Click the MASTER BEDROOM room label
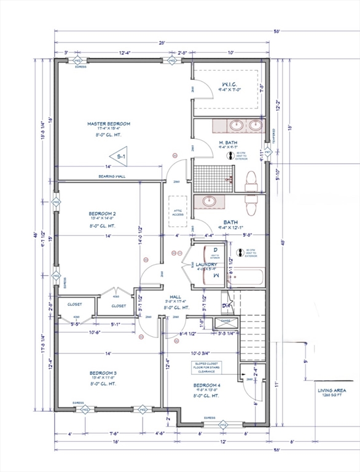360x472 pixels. pos(108,124)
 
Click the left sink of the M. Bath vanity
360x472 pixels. pos(236,126)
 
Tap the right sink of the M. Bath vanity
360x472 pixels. pos(255,126)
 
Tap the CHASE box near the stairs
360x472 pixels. pos(224,321)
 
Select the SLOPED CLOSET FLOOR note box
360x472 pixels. pos(206,368)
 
